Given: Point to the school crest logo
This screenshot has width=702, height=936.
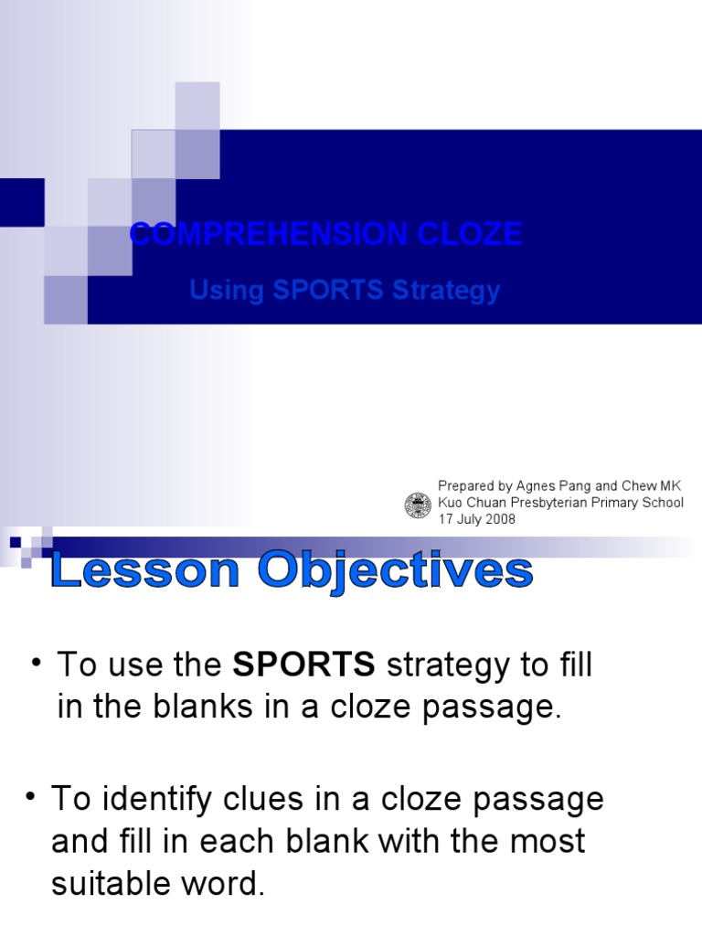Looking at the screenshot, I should click(418, 505).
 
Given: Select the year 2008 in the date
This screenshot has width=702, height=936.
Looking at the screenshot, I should click(501, 519).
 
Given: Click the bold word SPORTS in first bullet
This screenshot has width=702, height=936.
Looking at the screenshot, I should click(304, 665).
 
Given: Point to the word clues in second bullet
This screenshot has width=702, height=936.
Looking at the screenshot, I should click(225, 799).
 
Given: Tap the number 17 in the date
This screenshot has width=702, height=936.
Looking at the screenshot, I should click(446, 519).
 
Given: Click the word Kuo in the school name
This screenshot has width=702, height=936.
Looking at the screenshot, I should click(451, 503).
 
